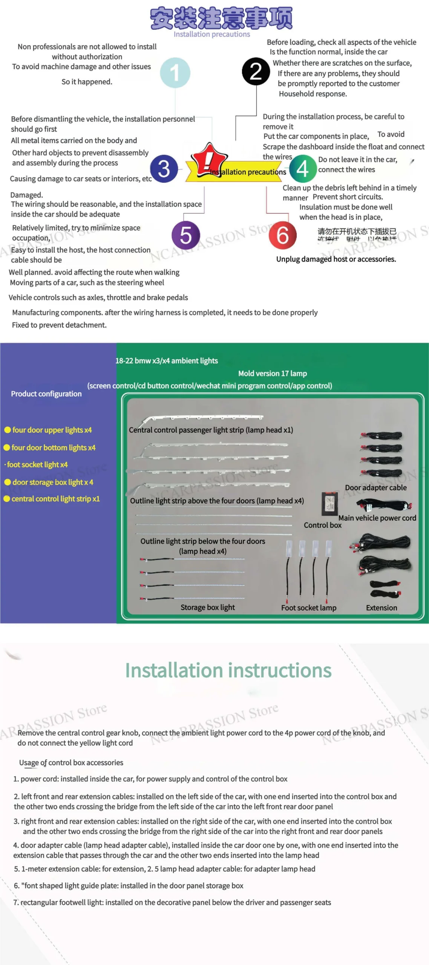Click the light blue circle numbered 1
coord(175,73)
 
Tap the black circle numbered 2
coord(256,72)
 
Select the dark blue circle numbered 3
coord(164,168)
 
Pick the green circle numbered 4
coord(303,168)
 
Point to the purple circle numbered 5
coord(185,235)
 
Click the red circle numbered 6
coord(282,235)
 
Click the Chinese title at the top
coord(221,18)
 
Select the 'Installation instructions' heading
coord(228,671)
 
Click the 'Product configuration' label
coord(46,394)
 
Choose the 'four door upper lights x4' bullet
coord(52,430)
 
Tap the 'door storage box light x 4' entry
coord(52,482)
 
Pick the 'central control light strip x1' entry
coord(55,499)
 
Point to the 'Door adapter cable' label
coord(375,487)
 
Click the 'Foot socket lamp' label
coord(308,608)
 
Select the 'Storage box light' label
coord(207,607)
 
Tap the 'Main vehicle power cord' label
coord(377,518)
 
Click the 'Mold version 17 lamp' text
coord(272,373)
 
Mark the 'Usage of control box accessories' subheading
coord(71,763)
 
